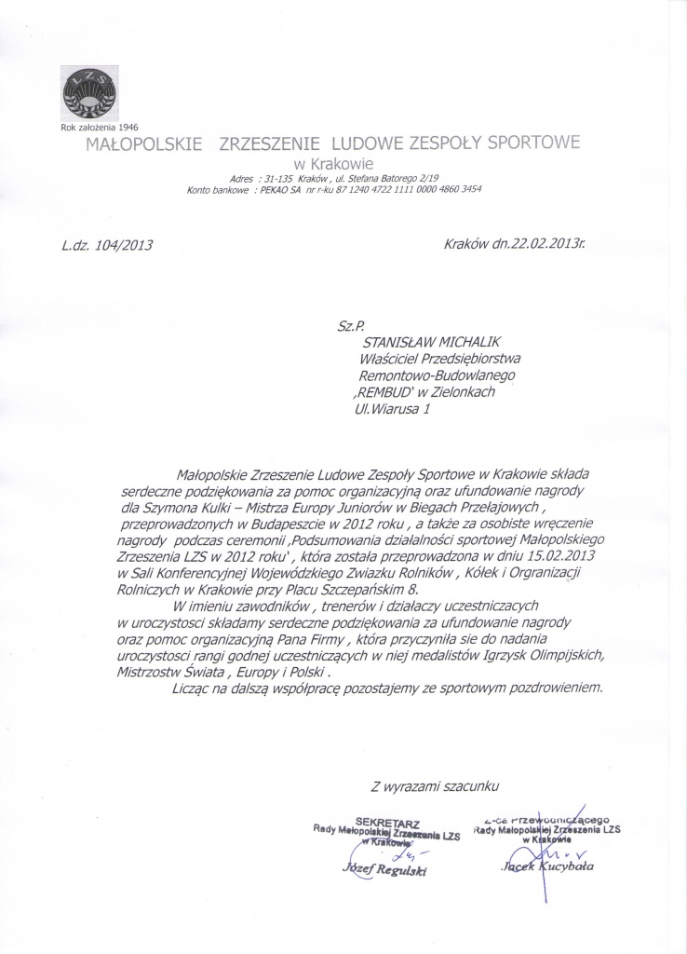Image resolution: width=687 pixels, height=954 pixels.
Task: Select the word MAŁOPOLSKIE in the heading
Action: click(x=144, y=144)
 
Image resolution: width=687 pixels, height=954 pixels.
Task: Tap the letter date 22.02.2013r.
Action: click(x=540, y=246)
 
